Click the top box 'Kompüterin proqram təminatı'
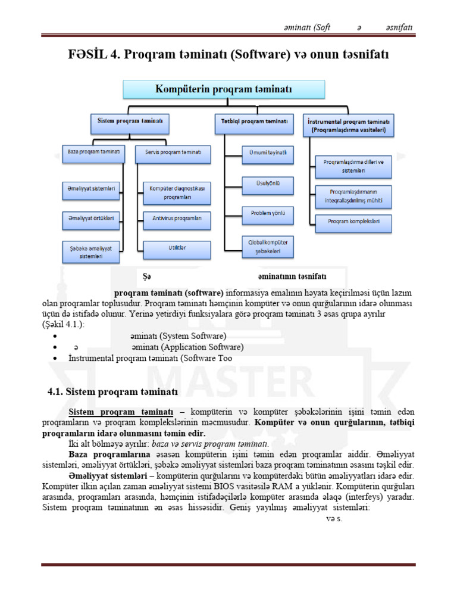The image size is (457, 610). (x=224, y=89)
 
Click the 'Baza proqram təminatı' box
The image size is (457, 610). (x=92, y=153)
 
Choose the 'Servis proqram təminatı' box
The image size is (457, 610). (x=173, y=153)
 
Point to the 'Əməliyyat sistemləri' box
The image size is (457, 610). (x=92, y=189)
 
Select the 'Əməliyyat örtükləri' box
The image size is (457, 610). (x=92, y=219)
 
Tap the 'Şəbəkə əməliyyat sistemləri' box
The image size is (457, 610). (x=92, y=251)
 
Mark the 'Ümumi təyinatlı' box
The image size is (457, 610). (x=267, y=153)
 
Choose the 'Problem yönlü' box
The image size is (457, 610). (x=267, y=213)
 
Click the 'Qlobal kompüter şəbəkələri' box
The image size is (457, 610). (x=267, y=247)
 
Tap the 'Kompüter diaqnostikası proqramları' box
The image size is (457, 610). (x=177, y=192)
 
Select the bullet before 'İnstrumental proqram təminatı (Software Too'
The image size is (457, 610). (x=55, y=359)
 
